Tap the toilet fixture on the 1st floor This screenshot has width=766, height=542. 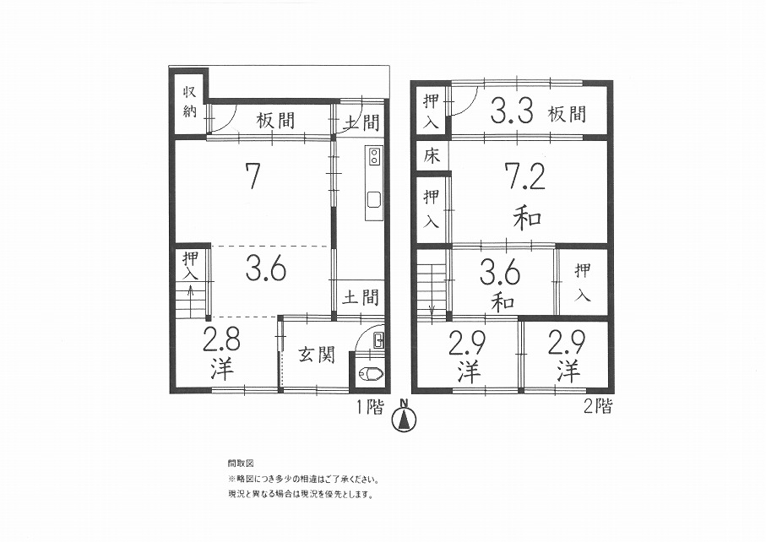click(372, 375)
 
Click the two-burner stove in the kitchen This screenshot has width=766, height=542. click(375, 155)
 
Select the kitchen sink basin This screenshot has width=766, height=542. click(375, 199)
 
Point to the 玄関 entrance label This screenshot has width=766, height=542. click(317, 355)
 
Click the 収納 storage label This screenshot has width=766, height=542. click(189, 101)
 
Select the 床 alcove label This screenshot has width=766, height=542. click(432, 156)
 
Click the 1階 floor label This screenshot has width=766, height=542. click(369, 406)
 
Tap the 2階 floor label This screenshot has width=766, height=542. click(597, 406)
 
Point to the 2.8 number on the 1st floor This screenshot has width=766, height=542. click(221, 340)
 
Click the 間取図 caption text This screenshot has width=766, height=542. click(241, 463)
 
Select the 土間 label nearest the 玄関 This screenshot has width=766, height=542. click(361, 297)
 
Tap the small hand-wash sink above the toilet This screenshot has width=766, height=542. click(379, 340)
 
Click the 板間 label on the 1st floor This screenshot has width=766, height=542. click(275, 120)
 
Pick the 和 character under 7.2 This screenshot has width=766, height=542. click(528, 219)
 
